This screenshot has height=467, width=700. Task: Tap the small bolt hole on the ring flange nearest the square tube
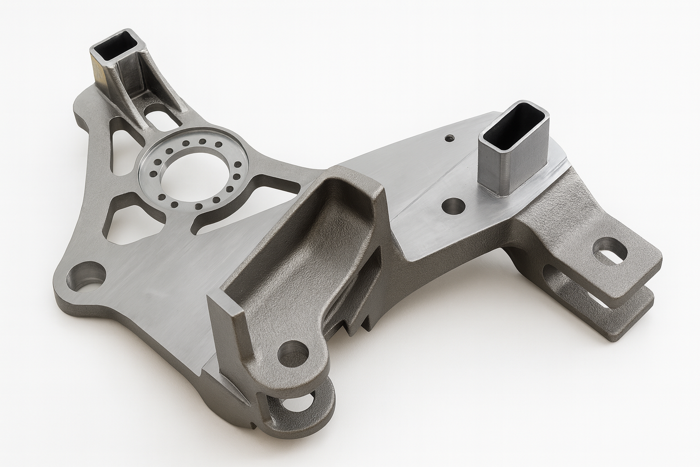pos(186,144)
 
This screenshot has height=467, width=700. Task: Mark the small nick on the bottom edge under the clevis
pos(252,427)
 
